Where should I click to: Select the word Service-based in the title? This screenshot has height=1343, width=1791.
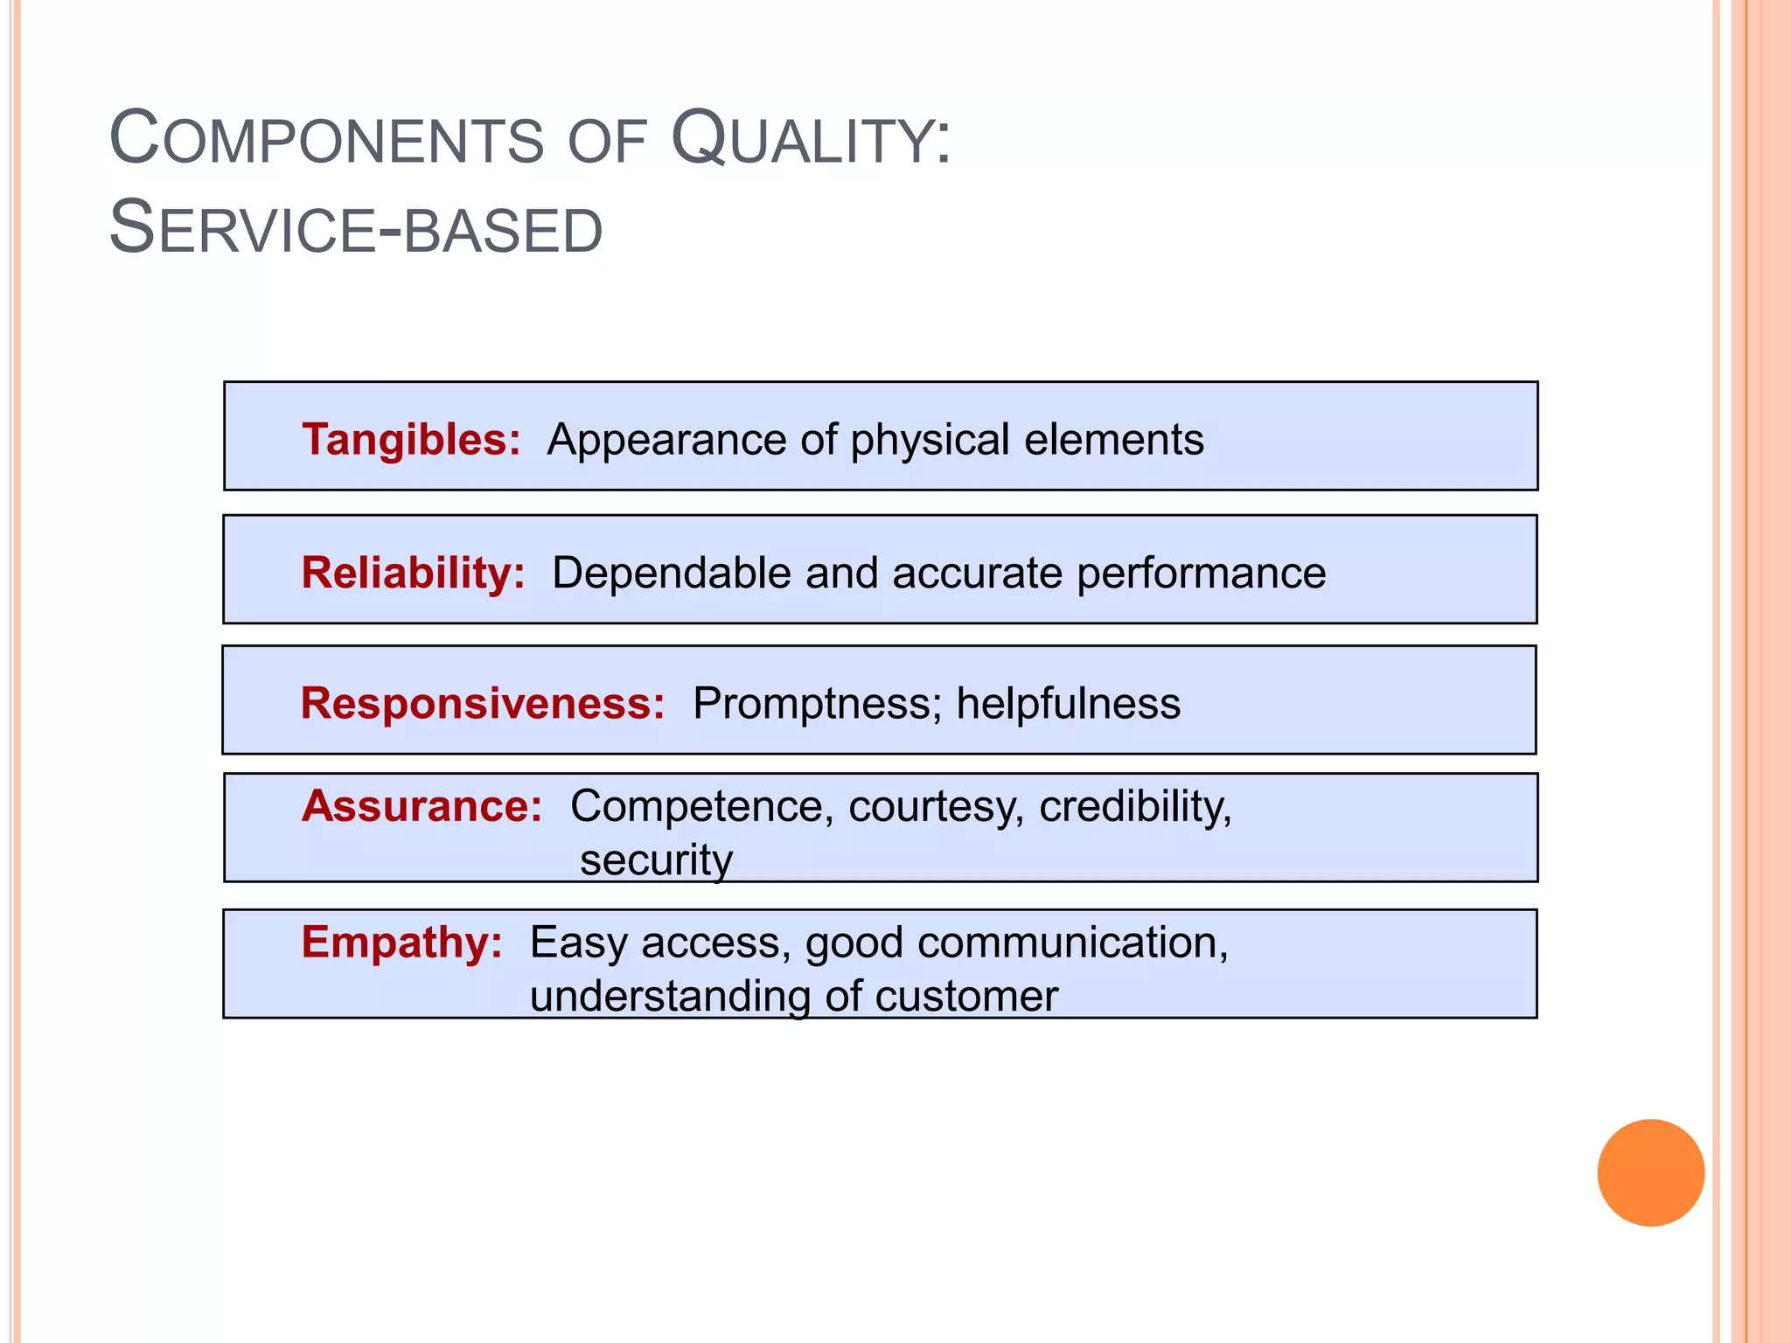coord(356,229)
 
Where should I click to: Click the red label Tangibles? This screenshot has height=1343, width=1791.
coord(410,439)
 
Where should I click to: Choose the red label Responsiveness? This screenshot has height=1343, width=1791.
coord(482,703)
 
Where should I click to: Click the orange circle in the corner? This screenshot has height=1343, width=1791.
coord(1650,1173)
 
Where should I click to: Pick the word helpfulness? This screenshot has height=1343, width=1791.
coord(1068,703)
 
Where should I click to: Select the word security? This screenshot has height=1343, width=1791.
coord(656,860)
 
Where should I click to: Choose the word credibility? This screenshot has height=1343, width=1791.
coord(1134,806)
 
